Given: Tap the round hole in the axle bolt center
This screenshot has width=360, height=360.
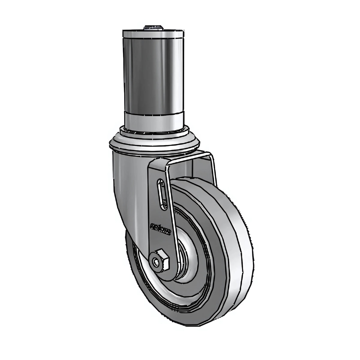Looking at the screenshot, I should coord(157,262).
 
